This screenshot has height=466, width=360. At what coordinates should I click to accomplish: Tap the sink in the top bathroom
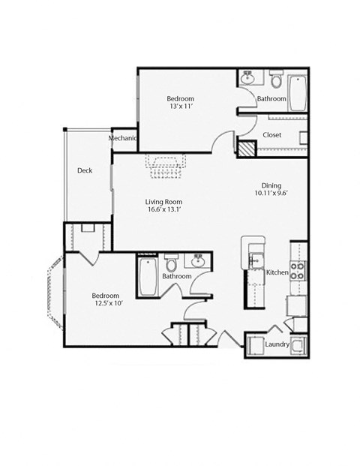248,77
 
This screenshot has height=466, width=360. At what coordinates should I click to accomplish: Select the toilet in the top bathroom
274,79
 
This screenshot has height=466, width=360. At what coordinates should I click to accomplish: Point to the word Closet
271,135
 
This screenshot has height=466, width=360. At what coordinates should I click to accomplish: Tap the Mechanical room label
123,138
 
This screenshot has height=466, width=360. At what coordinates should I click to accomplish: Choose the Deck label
85,170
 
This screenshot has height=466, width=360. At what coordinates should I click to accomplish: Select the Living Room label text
163,202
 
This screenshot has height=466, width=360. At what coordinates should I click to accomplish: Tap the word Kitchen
277,272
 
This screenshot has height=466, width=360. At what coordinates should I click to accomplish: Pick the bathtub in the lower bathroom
146,276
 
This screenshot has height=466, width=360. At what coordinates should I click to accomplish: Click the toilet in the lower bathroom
170,264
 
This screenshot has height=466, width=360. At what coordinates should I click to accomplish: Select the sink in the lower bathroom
198,262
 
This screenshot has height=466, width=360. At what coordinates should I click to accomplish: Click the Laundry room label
277,344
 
